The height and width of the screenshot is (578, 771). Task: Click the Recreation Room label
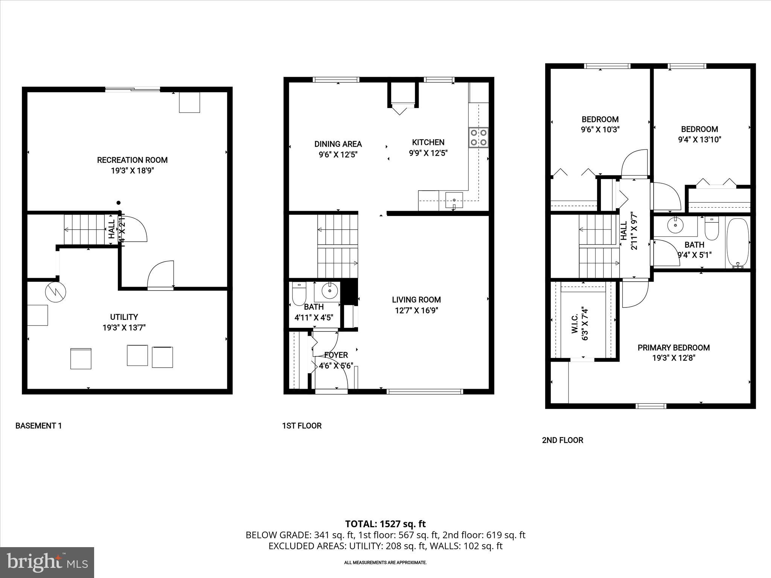tap(132, 160)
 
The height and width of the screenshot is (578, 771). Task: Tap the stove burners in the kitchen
tap(478, 137)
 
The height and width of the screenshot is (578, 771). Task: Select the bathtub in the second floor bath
tap(738, 243)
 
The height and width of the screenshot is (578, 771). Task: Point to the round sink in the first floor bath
tap(330, 290)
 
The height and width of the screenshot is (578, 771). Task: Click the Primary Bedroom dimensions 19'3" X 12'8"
tap(673, 358)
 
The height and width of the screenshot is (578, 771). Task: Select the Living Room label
tap(416, 300)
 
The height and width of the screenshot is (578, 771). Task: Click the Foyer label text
tap(336, 355)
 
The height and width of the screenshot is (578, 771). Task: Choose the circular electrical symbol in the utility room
tap(55, 292)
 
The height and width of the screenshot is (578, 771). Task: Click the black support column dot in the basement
tap(119, 203)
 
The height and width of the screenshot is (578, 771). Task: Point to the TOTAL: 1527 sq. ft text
tap(385, 524)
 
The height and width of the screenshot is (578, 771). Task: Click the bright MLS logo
tap(47, 562)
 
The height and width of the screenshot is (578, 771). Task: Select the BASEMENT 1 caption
tap(38, 426)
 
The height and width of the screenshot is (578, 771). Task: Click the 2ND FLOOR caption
tap(562, 440)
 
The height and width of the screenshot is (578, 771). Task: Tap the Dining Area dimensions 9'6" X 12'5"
tap(338, 154)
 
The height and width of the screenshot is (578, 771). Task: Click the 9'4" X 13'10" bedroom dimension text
tap(699, 140)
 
